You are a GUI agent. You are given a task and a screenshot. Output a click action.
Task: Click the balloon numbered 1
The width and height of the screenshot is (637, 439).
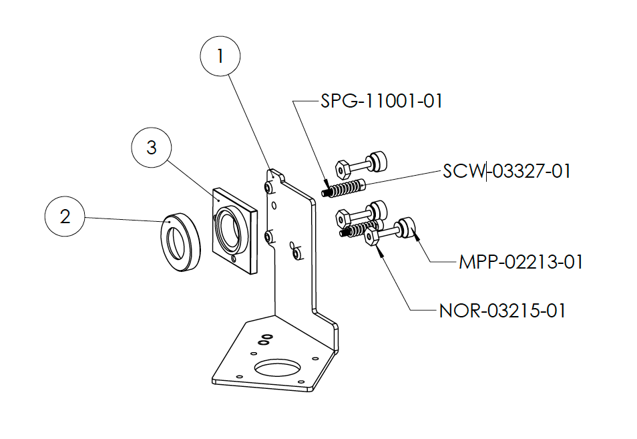click(220, 57)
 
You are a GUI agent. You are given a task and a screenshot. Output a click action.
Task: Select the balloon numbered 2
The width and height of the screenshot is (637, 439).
click(65, 216)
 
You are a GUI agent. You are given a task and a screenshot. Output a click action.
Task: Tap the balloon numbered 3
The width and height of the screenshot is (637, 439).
click(152, 148)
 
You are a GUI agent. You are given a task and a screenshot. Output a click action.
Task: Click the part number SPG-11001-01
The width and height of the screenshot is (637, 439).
click(381, 102)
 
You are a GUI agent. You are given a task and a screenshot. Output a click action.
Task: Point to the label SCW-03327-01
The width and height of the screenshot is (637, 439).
click(507, 171)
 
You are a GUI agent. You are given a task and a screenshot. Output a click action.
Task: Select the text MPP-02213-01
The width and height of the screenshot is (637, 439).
click(521, 262)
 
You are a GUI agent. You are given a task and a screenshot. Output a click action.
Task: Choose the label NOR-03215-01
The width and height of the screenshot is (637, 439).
click(502, 311)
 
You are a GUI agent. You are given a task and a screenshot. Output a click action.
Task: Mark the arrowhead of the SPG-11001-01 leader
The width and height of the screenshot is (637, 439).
click(326, 185)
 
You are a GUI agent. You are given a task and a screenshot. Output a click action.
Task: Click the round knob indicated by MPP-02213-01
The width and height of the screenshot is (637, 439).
click(408, 228)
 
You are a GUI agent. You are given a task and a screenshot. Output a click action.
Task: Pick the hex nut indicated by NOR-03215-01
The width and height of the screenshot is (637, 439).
click(373, 237)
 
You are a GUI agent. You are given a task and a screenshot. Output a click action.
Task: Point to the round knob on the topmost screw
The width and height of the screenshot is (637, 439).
click(380, 161)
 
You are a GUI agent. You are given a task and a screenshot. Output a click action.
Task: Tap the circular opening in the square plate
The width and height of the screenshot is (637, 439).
click(227, 229)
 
